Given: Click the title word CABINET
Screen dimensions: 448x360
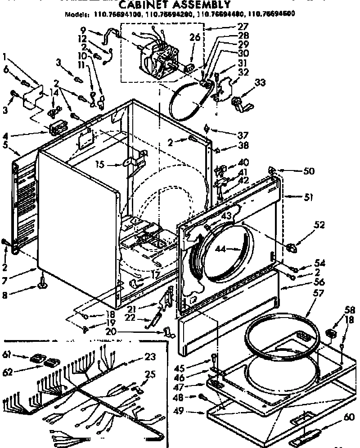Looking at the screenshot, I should click(x=143, y=5).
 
